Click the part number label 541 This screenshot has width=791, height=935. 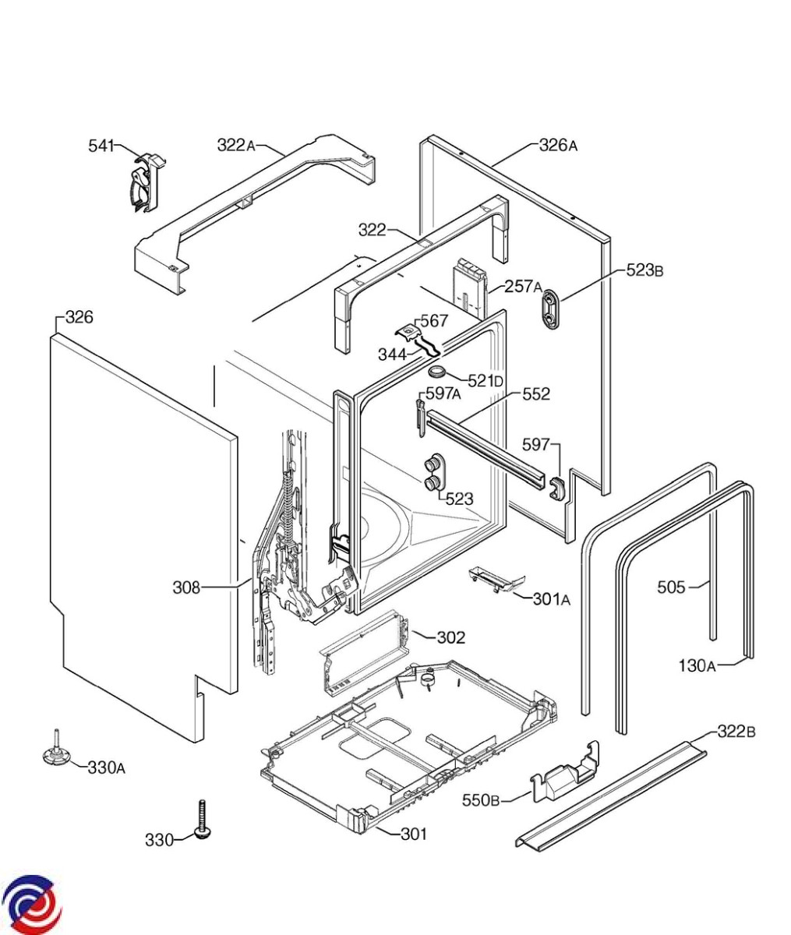pyautogui.click(x=101, y=146)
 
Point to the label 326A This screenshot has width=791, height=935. pyautogui.click(x=558, y=146)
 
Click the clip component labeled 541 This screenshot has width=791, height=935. pyautogui.click(x=145, y=182)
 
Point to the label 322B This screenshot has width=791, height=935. pyautogui.click(x=736, y=731)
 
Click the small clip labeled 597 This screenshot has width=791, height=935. pyautogui.click(x=557, y=487)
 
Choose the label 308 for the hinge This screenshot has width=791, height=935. pyautogui.click(x=186, y=587)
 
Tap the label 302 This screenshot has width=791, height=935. pyautogui.click(x=450, y=637)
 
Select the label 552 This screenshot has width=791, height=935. pyautogui.click(x=535, y=394)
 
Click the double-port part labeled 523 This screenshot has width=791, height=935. pyautogui.click(x=433, y=474)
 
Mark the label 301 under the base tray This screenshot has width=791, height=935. pyautogui.click(x=413, y=834)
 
